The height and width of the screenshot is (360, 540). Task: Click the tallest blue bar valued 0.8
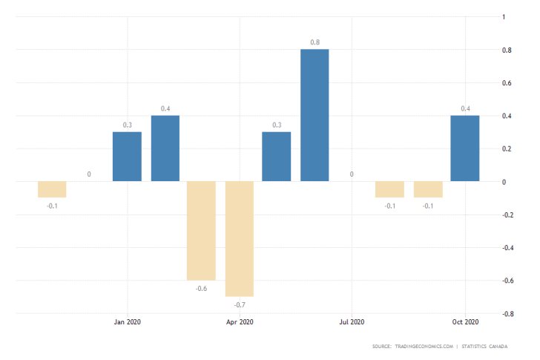[x=315, y=115]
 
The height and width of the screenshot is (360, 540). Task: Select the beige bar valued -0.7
[x=240, y=238]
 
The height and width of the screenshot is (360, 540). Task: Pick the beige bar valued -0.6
[x=201, y=230]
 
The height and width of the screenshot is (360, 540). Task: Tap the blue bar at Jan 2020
[x=127, y=157]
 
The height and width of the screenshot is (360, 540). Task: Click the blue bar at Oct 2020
[x=465, y=148]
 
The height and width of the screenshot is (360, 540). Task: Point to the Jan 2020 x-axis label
[x=127, y=321]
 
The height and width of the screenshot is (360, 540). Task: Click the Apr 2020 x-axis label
[x=240, y=321]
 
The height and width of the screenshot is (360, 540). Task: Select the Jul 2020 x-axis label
[x=352, y=321]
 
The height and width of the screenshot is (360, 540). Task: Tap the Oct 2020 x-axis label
[x=465, y=321]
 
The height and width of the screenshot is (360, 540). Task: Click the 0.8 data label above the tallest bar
[x=315, y=42]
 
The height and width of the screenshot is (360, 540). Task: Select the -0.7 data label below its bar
[x=240, y=304]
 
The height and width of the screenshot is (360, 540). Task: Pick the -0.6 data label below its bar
[x=201, y=288]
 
